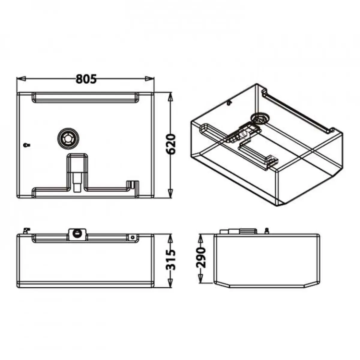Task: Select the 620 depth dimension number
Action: [x=171, y=144]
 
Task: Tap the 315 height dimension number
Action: [x=171, y=260]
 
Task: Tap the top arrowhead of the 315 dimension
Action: [x=170, y=238]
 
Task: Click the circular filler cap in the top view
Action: [x=68, y=138]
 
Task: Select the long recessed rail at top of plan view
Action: [x=85, y=97]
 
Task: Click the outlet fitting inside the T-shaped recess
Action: [x=77, y=181]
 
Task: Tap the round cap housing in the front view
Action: [x=77, y=233]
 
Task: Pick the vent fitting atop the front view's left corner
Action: [x=26, y=230]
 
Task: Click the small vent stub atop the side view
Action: [x=266, y=231]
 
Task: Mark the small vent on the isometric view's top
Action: [x=229, y=103]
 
